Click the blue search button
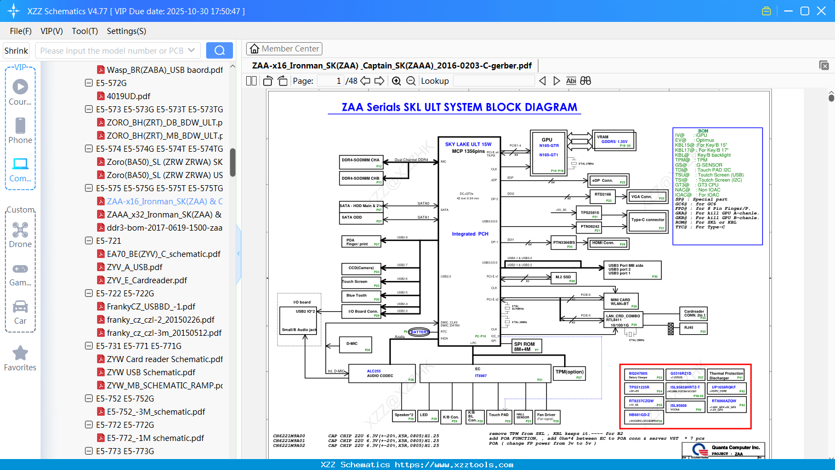[x=219, y=50]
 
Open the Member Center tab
[x=284, y=49]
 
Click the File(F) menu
[x=21, y=31]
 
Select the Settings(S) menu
[x=126, y=31]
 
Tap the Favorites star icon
[x=20, y=353]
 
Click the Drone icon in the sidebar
[x=20, y=230]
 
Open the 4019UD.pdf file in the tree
[x=128, y=96]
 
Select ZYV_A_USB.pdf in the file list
[x=134, y=267]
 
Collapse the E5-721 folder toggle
[x=89, y=240]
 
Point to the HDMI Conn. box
[x=607, y=243]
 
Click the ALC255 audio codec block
[x=381, y=374]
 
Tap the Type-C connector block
[x=647, y=221]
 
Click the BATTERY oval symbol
[x=419, y=332]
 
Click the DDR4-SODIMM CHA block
[x=361, y=162]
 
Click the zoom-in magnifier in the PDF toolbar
[x=396, y=81]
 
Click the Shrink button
[x=16, y=50]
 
